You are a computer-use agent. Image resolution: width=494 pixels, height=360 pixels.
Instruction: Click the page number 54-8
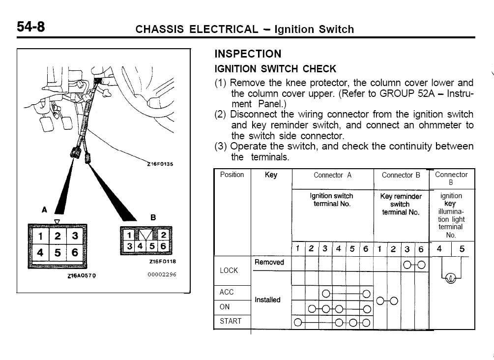pyautogui.click(x=31, y=27)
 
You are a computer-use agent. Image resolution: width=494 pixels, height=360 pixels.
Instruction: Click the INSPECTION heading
pyautogui.click(x=248, y=54)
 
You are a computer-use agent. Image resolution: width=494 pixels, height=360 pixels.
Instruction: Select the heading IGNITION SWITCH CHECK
pyautogui.click(x=275, y=69)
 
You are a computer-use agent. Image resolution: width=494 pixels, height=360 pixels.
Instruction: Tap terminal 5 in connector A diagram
pyautogui.click(x=58, y=253)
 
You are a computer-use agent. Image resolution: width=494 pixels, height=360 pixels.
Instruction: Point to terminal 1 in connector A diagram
pyautogui.click(x=40, y=236)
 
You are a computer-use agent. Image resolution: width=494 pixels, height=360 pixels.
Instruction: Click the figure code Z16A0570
pyautogui.click(x=82, y=276)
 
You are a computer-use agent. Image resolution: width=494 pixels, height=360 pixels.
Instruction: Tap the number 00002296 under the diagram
pyautogui.click(x=162, y=274)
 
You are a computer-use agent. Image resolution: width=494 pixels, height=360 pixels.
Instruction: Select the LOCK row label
pyautogui.click(x=229, y=270)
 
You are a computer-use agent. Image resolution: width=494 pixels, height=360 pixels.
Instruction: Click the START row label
pyautogui.click(x=231, y=321)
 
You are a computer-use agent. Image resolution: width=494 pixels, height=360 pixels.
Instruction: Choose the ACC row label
pyautogui.click(x=227, y=292)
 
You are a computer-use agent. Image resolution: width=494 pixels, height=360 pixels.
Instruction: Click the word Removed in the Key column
pyautogui.click(x=269, y=262)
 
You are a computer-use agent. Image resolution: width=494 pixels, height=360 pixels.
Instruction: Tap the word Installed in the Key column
pyautogui.click(x=267, y=300)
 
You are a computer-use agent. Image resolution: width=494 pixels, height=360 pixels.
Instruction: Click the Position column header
pyautogui.click(x=232, y=175)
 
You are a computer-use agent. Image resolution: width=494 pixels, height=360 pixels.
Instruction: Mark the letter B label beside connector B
pyautogui.click(x=152, y=217)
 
